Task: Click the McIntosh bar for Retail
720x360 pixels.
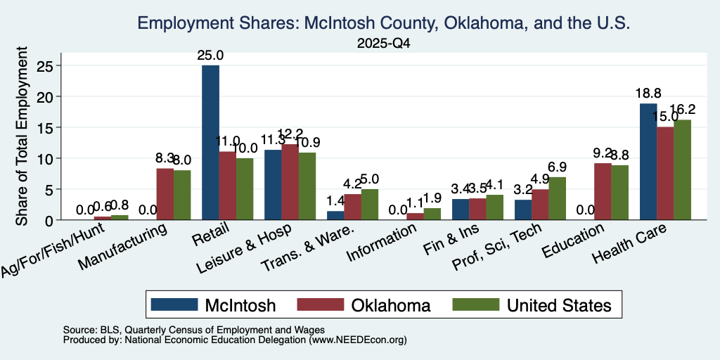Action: click(210, 142)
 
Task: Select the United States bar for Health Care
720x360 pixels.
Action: click(682, 169)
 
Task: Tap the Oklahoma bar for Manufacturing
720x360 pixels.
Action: click(165, 194)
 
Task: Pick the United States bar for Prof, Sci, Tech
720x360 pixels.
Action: click(557, 198)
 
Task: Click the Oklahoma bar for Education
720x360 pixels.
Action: click(602, 191)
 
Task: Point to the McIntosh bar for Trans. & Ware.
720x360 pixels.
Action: click(335, 215)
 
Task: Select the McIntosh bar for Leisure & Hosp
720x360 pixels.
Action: click(273, 185)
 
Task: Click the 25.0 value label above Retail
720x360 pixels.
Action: click(210, 56)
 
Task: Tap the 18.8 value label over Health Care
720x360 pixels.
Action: click(648, 94)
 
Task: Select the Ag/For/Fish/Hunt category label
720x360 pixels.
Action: click(53, 251)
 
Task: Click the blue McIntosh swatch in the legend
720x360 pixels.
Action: click(174, 304)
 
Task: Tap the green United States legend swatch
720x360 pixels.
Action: click(475, 304)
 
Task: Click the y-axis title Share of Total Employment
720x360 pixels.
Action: click(22, 136)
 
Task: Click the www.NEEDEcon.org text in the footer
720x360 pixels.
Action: click(358, 340)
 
